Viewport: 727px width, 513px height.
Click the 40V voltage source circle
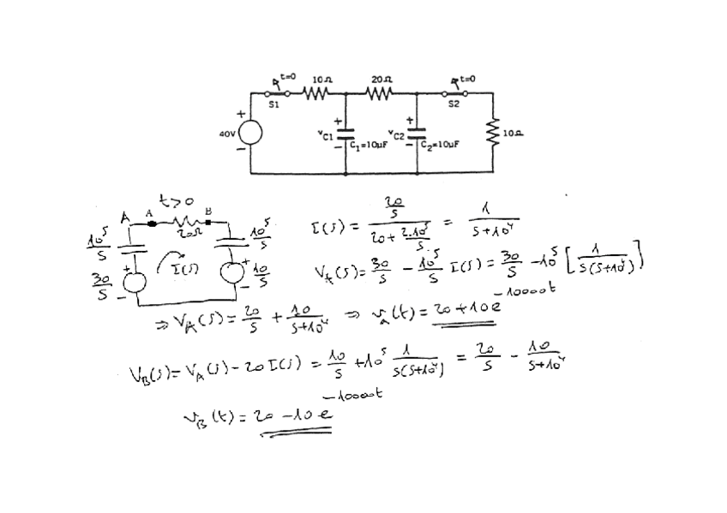tap(249, 134)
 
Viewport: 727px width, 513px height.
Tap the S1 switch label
tap(273, 104)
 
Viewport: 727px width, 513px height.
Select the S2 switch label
tap(454, 104)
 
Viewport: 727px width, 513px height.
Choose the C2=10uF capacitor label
tap(442, 145)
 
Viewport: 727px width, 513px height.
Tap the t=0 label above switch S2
tap(466, 77)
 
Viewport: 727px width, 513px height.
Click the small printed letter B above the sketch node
tap(207, 211)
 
